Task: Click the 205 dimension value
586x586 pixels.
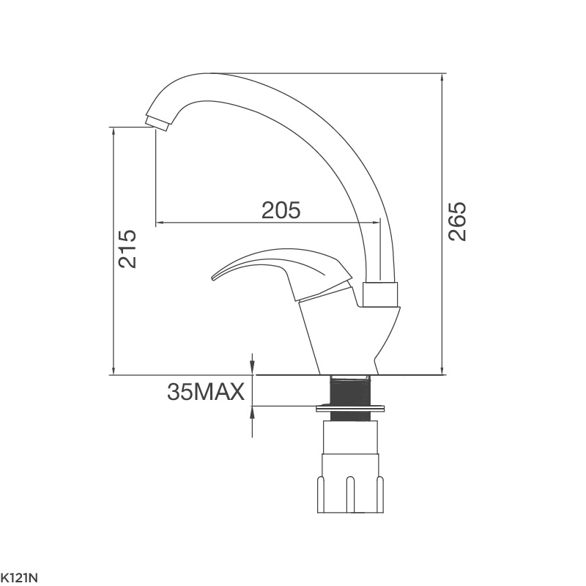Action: click(x=281, y=210)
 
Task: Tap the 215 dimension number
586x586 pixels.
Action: click(x=127, y=248)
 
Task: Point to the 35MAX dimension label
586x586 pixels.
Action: click(x=205, y=393)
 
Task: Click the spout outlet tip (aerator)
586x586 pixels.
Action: click(x=157, y=123)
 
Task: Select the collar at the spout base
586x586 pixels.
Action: click(x=381, y=294)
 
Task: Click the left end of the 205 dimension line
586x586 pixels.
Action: click(x=157, y=221)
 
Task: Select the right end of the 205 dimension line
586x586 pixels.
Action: click(x=381, y=221)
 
